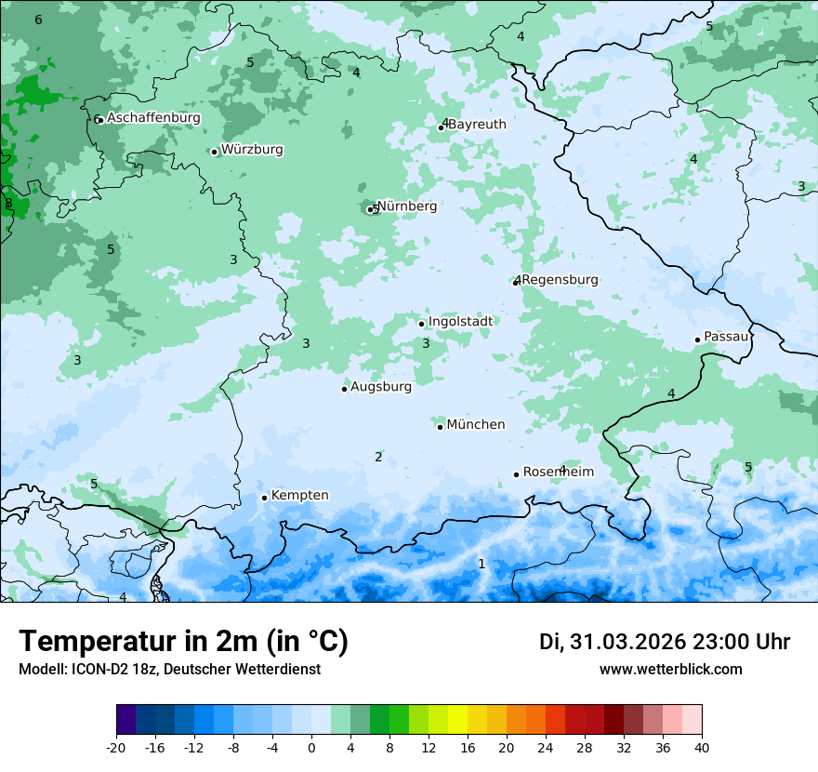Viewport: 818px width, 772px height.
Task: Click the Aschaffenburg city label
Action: tap(153, 118)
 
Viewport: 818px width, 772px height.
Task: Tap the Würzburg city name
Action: tap(252, 150)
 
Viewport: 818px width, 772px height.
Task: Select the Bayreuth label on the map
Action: tap(477, 125)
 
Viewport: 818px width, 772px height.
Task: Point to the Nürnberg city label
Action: tap(407, 206)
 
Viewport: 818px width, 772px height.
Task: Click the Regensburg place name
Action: tap(561, 280)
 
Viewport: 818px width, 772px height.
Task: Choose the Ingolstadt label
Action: tap(460, 322)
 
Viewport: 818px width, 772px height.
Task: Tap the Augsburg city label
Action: tap(381, 387)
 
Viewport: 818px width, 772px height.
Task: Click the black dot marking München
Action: tap(441, 427)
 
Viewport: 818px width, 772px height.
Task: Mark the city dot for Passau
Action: tap(697, 339)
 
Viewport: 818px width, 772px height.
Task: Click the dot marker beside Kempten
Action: tap(264, 498)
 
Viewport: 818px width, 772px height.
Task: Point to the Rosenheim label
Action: tap(558, 472)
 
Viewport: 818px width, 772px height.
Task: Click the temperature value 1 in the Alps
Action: tap(482, 564)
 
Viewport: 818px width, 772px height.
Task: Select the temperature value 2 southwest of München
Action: tap(378, 457)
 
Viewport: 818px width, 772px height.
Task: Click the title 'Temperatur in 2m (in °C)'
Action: tap(183, 642)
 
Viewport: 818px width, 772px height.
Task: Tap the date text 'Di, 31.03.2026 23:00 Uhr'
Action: tap(665, 642)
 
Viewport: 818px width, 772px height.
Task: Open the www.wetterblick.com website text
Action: tap(670, 669)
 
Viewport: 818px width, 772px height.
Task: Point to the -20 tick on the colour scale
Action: tap(116, 747)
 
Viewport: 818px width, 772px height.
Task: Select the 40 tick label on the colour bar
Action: tap(702, 747)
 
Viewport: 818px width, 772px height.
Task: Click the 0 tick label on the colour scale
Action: tap(311, 747)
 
